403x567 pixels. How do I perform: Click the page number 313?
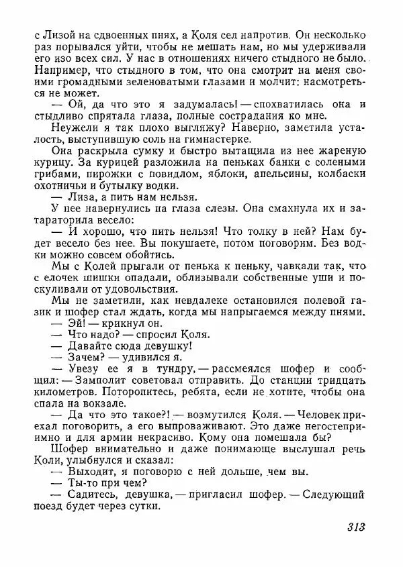pos(356,527)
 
